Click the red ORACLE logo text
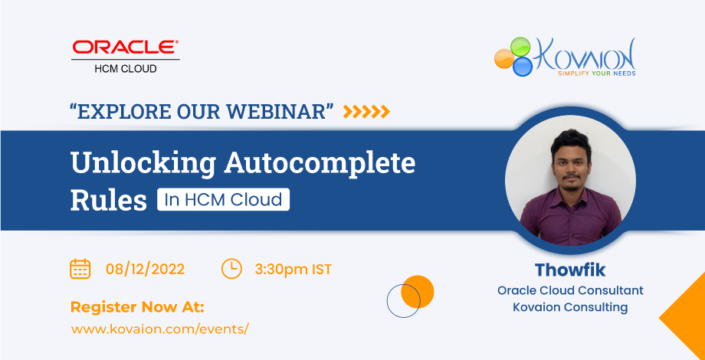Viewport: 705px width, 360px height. [126, 48]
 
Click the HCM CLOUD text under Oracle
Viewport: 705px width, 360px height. [126, 69]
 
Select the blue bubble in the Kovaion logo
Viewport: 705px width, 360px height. [523, 67]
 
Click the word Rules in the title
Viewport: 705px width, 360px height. [108, 200]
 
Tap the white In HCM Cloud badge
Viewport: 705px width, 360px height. [223, 200]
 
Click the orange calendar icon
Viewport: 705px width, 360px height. [80, 269]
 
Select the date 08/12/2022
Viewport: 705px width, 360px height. [145, 270]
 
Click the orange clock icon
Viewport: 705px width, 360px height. [231, 269]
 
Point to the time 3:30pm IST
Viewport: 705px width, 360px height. [293, 270]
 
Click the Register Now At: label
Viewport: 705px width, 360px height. [137, 307]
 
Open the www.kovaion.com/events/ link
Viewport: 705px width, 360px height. [160, 329]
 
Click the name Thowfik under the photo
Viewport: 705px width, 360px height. [570, 270]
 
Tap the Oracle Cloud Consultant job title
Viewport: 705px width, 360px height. [570, 291]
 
